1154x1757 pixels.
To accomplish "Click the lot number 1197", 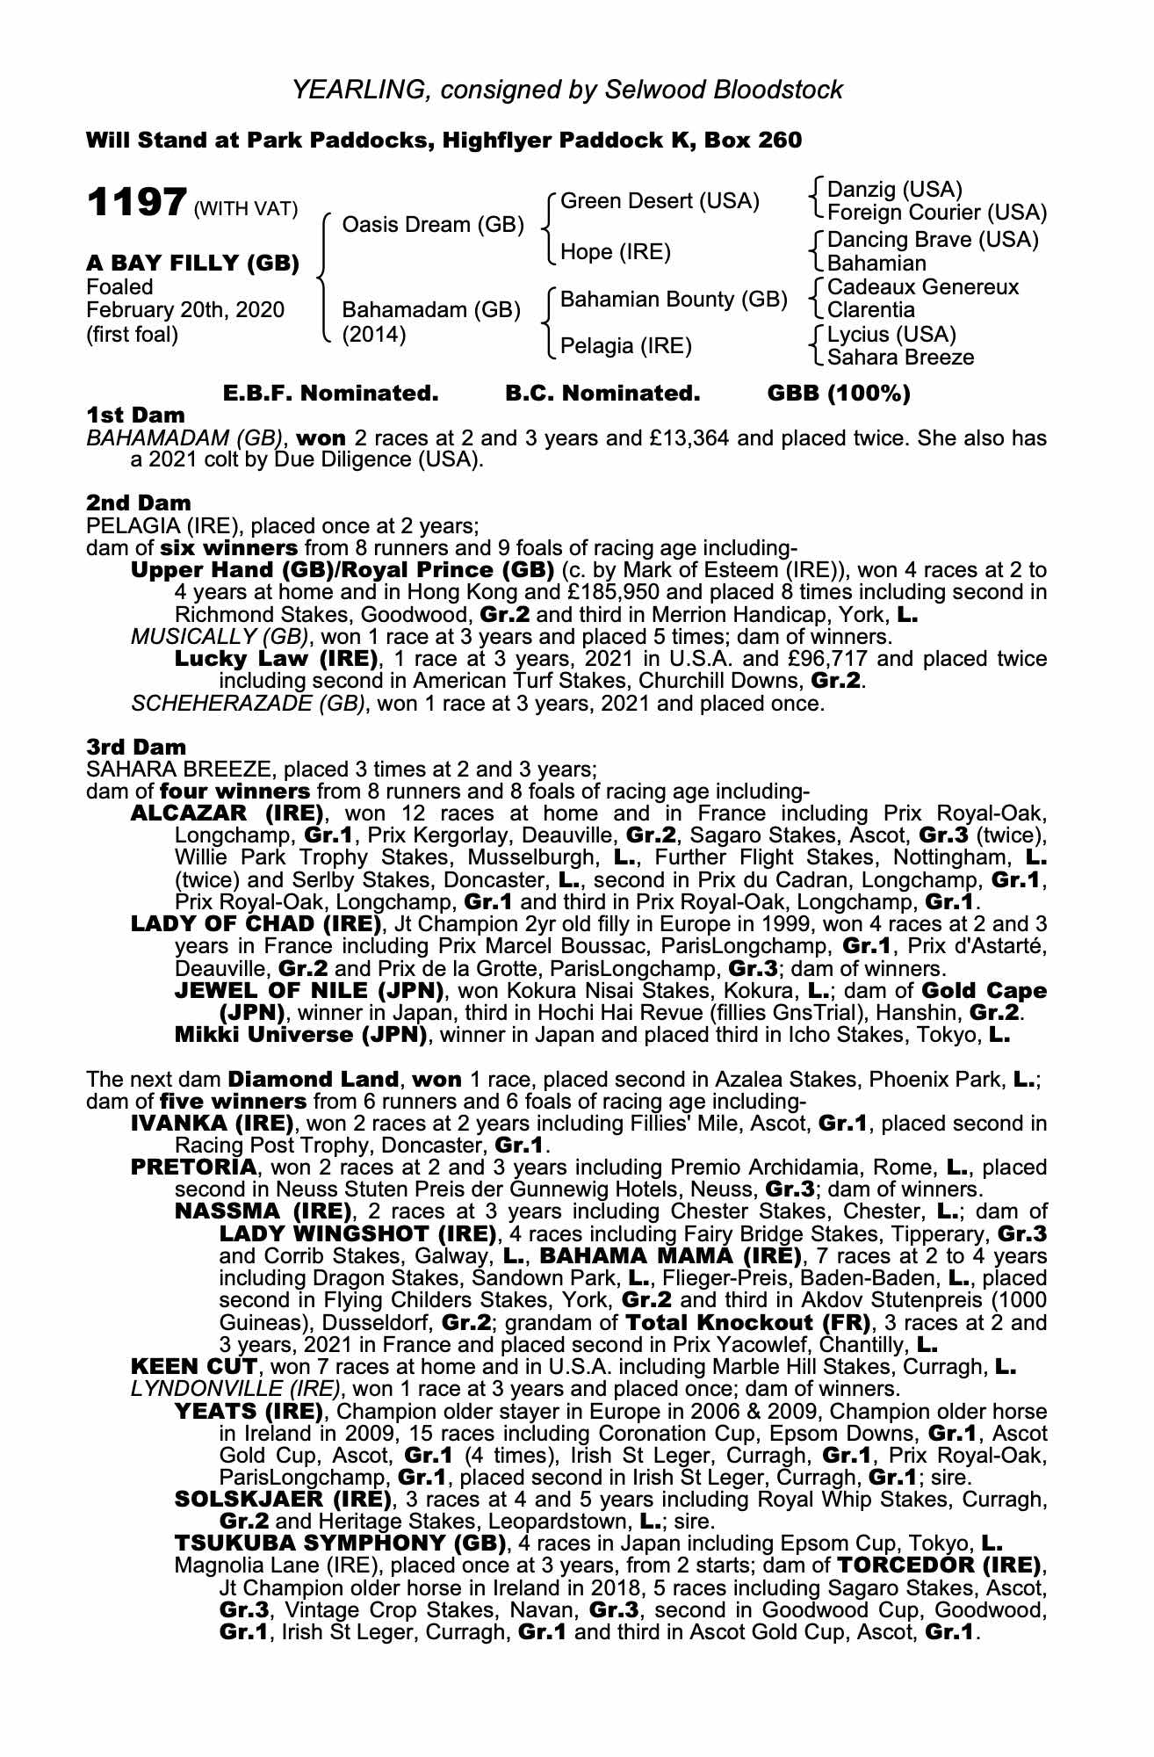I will (x=136, y=204).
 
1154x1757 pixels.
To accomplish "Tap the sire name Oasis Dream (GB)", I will (x=432, y=225).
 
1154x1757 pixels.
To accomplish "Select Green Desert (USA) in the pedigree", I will (x=659, y=201).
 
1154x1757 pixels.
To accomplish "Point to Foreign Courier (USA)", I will (x=937, y=213).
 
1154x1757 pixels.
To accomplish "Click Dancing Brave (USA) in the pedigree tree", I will (x=933, y=240).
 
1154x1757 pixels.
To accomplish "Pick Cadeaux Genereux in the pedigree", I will (x=923, y=287).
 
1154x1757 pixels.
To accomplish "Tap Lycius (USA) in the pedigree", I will (x=891, y=335).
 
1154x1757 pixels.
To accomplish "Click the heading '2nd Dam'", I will (x=138, y=503).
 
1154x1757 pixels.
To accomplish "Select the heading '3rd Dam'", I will (x=136, y=747).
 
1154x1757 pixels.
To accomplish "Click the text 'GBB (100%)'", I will (x=839, y=394).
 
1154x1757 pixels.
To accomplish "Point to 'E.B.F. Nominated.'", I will (x=330, y=394).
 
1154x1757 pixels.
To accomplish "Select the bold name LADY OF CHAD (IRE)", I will (x=256, y=924).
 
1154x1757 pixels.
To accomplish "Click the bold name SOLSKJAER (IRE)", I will (x=282, y=1499).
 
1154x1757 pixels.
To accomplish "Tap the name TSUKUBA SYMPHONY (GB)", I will (x=341, y=1544).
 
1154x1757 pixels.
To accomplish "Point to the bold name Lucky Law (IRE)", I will (x=276, y=659).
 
